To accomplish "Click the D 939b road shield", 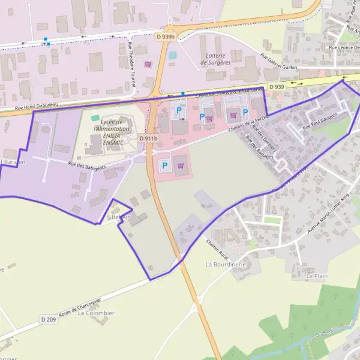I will [166, 37].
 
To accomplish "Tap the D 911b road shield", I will [149, 139].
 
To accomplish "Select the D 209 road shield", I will [49, 319].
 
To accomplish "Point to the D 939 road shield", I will [277, 87].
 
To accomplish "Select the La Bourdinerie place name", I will [226, 264].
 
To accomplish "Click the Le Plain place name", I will [317, 277].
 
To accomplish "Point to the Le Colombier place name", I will [96, 313].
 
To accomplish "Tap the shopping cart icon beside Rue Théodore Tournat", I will [148, 64].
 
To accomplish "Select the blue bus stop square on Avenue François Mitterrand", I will [183, 94].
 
